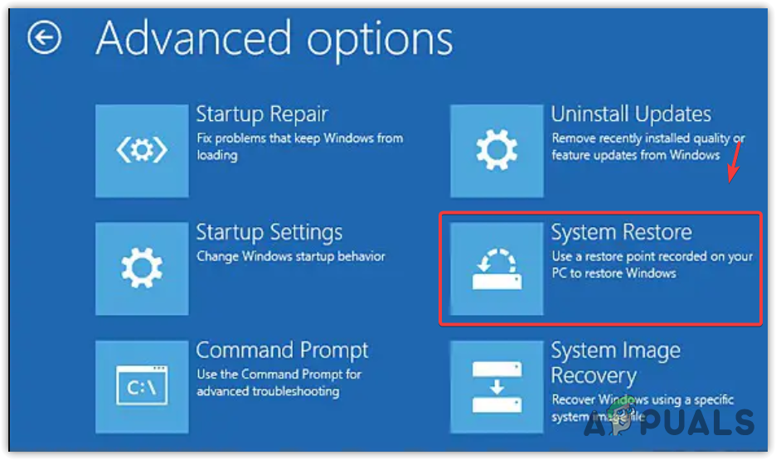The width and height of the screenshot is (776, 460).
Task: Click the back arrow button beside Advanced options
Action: click(44, 37)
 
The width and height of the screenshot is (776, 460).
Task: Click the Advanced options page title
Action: click(274, 40)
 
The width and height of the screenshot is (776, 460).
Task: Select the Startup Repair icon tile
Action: click(142, 151)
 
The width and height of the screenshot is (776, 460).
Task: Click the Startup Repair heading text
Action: click(262, 114)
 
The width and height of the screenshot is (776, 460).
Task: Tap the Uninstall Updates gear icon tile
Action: click(497, 151)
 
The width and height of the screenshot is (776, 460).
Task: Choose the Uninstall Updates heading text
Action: click(631, 114)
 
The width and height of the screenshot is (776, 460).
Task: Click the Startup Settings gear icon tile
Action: click(142, 269)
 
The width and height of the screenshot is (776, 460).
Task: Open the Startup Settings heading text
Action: click(269, 233)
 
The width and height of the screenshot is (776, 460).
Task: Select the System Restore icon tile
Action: click(497, 269)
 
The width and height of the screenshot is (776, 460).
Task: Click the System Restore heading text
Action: click(622, 232)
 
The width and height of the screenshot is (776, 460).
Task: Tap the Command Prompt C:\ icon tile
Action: click(142, 387)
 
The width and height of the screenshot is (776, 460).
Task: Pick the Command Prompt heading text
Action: click(282, 351)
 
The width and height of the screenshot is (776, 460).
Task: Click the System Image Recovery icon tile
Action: click(497, 387)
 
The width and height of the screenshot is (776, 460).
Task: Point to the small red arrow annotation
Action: click(734, 162)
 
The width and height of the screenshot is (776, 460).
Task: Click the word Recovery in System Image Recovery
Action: click(594, 376)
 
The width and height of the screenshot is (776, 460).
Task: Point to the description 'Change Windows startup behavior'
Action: click(290, 256)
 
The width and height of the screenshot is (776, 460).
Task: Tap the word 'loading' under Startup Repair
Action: click(217, 155)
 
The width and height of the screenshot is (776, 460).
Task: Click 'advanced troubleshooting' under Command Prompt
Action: click(269, 391)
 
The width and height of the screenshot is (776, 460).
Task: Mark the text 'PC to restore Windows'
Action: click(614, 273)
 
